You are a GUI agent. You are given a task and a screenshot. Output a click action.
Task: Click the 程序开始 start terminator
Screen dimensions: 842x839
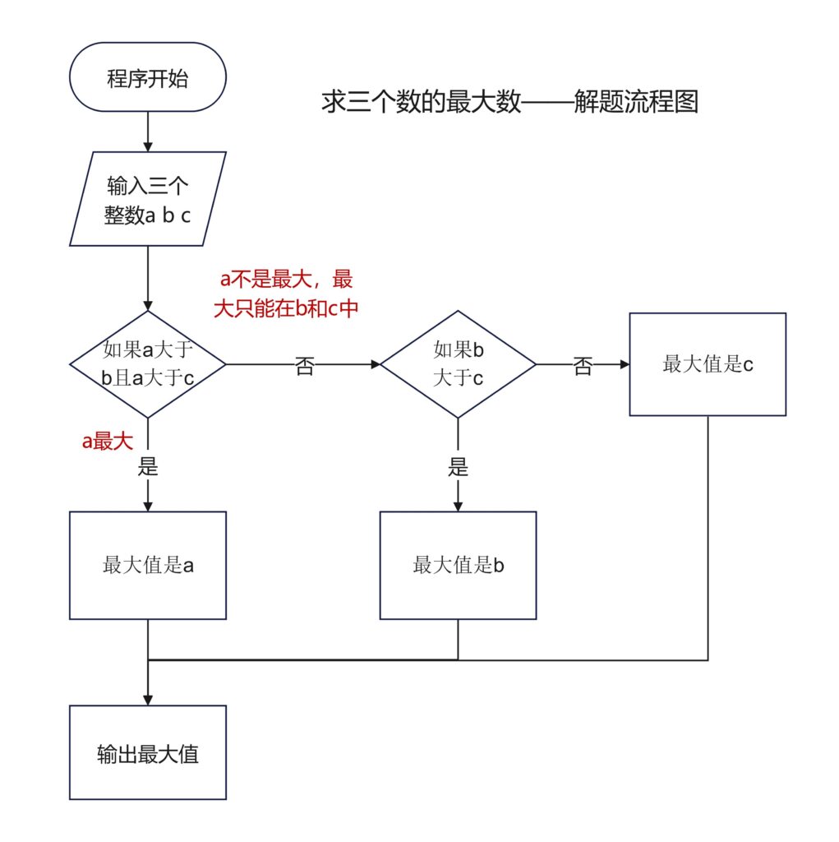pos(148,79)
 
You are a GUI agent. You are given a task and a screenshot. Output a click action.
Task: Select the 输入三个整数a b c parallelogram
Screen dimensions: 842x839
pos(148,199)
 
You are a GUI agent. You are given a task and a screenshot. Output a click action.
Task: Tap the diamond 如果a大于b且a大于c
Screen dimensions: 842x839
pos(148,363)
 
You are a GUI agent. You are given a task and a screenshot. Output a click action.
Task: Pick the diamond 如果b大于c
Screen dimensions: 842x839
pos(458,363)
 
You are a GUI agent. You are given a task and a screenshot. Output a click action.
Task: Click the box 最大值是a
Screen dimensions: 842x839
pos(148,565)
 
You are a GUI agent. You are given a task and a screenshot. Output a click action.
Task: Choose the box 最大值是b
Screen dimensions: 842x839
pos(458,565)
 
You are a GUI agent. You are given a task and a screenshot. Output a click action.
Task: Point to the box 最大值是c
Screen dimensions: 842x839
pos(708,364)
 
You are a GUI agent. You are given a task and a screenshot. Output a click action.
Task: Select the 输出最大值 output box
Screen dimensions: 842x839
pos(148,752)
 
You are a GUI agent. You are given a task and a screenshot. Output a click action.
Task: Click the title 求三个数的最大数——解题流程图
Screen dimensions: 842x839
pos(509,103)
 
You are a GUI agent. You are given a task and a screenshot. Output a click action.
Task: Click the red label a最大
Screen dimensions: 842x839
pos(107,442)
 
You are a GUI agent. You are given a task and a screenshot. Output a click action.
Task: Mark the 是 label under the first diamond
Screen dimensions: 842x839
pos(148,468)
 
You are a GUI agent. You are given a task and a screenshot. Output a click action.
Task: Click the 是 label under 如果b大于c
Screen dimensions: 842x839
pos(458,468)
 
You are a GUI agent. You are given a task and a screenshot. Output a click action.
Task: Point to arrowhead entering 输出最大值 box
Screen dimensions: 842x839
pos(148,699)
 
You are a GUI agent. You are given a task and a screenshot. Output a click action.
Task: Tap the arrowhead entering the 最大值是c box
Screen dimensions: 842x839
pos(624,363)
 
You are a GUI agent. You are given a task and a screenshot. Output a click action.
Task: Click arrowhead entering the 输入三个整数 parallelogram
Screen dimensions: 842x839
pos(148,146)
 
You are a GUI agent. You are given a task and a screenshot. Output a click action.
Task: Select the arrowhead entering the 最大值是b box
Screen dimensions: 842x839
pos(458,505)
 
